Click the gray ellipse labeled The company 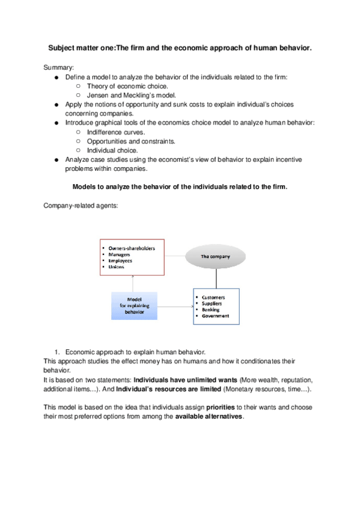tap(215, 256)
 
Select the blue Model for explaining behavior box tap(134, 306)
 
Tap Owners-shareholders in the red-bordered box tap(131, 248)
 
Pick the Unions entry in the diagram tap(117, 266)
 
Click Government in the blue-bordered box tap(215, 316)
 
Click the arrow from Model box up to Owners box tap(132, 283)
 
